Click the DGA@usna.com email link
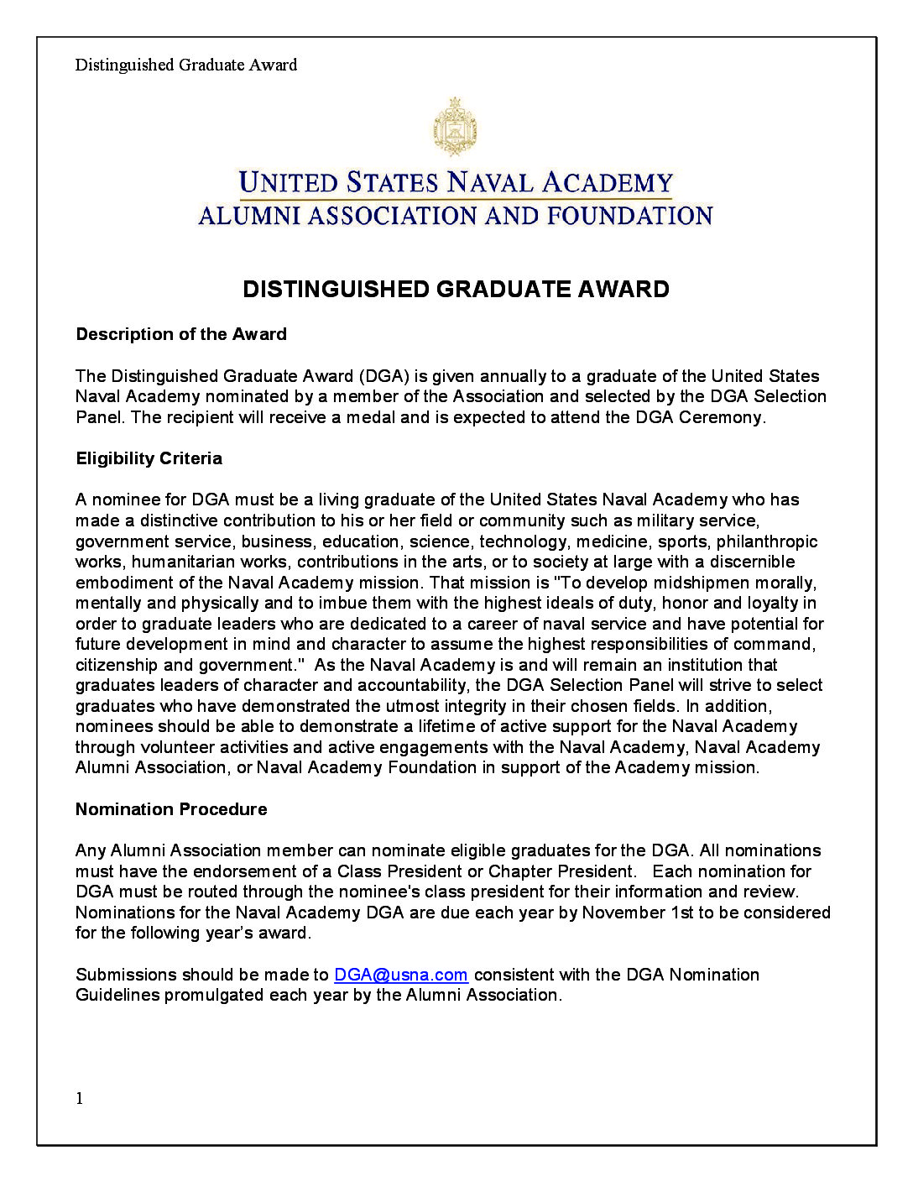pyautogui.click(x=400, y=975)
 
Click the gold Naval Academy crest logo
pyautogui.click(x=455, y=127)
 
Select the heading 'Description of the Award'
pyautogui.click(x=181, y=334)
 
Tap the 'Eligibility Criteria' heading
pyautogui.click(x=149, y=458)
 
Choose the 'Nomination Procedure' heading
pyautogui.click(x=171, y=809)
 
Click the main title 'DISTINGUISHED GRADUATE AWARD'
pyautogui.click(x=456, y=290)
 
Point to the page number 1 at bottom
pyautogui.click(x=80, y=1099)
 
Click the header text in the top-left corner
pyautogui.click(x=186, y=65)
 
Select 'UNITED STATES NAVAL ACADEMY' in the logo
pyautogui.click(x=456, y=183)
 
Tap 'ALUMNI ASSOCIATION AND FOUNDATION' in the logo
pyautogui.click(x=456, y=217)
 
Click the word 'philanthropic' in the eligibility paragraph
pyautogui.click(x=766, y=541)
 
